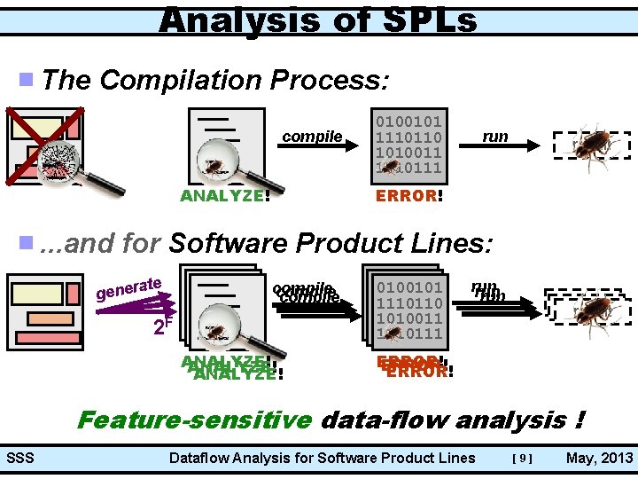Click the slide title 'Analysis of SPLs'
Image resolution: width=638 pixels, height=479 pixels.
[318, 19]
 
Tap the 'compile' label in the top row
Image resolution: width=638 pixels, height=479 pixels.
[312, 136]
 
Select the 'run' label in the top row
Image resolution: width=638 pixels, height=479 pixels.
[494, 136]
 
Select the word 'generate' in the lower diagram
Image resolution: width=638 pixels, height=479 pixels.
[129, 287]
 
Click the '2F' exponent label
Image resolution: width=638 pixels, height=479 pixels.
[162, 325]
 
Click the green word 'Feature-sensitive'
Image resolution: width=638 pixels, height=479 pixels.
[195, 420]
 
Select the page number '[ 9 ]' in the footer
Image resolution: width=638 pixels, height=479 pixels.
[523, 459]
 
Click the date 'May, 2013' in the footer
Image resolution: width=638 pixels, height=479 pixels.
[599, 459]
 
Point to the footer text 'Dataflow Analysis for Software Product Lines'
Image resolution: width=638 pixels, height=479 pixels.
[322, 459]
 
